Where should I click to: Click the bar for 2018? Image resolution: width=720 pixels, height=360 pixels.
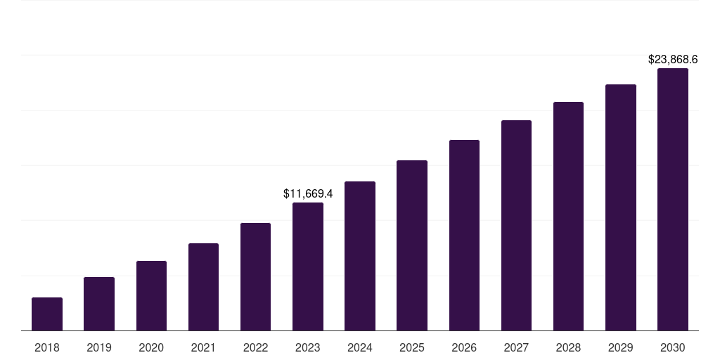47,314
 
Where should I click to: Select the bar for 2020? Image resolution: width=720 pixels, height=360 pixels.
151,295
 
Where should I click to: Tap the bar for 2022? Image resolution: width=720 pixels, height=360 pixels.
255,276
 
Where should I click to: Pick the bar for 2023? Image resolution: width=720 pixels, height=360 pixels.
308,266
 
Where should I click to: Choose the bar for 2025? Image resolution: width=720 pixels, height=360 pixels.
412,245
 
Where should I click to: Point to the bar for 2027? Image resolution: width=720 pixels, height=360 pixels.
516,225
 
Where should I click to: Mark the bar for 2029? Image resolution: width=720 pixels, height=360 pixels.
620,207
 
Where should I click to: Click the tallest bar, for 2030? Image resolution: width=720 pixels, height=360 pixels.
673,199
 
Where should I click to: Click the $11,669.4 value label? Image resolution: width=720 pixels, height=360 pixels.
308,193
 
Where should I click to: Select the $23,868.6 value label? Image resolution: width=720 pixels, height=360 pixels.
673,60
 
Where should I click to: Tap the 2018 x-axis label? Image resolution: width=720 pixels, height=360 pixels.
47,347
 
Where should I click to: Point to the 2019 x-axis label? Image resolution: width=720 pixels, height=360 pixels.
99,347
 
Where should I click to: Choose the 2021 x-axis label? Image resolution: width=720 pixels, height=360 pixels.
203,347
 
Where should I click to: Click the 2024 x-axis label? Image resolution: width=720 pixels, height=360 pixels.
360,347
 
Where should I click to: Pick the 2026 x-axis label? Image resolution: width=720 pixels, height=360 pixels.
464,347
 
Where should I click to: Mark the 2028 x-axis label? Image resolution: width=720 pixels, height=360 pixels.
568,347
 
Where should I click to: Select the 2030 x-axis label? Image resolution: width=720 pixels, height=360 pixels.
673,347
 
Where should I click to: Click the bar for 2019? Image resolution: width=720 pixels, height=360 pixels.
99,304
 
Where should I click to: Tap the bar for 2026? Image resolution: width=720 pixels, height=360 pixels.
464,235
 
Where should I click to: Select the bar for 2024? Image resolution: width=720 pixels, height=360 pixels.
360,256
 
